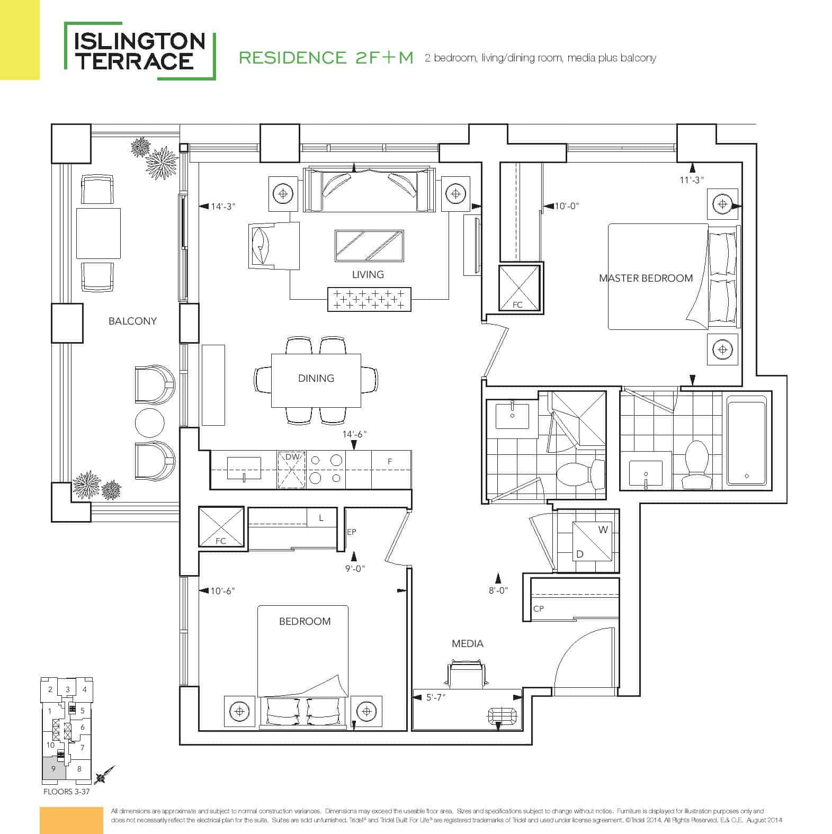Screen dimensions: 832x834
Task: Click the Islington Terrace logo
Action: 140,51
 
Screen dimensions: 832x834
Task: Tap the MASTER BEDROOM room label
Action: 646,278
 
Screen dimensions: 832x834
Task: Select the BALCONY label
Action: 132,321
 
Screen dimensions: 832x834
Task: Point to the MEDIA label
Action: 468,643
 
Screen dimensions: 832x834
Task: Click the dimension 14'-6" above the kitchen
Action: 354,434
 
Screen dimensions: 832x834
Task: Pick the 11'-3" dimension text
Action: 692,180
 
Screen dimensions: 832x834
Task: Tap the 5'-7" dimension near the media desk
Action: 436,697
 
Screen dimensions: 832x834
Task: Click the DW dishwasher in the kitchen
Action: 292,469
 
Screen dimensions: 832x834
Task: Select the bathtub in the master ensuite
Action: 747,440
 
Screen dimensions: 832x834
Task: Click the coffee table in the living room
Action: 369,246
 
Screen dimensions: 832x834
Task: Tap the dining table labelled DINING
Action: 316,380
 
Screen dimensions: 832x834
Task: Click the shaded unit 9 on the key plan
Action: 54,768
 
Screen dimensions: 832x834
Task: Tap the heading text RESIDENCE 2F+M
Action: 326,58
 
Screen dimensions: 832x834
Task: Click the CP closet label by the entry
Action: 538,609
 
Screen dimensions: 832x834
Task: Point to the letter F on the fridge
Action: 390,462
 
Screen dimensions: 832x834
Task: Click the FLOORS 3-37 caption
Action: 68,793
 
